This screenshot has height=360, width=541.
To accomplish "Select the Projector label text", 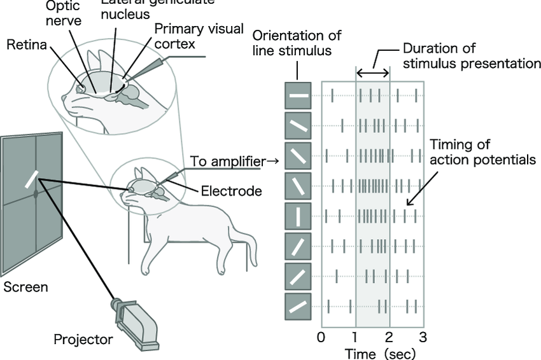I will [83, 340].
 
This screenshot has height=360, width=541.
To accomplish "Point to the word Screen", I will [25, 287].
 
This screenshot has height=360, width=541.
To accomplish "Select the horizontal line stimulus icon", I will [298, 96].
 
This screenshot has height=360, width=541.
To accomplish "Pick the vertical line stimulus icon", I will [298, 216].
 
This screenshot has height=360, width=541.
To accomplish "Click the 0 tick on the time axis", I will [321, 336].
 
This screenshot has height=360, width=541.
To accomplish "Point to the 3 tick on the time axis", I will [421, 336].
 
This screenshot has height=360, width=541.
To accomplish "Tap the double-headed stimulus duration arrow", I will [372, 74].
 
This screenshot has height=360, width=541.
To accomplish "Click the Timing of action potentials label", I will [482, 152].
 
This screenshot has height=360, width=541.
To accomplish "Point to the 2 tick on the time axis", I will [389, 336].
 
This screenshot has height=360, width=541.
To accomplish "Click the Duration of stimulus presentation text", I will [471, 56].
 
